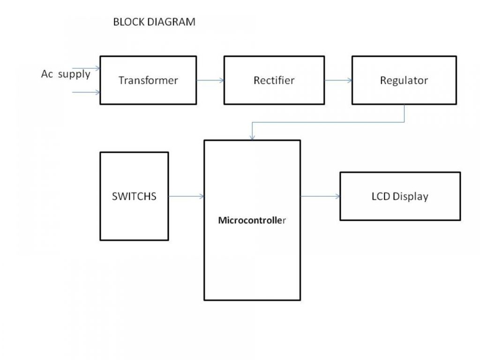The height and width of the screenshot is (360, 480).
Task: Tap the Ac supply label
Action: click(x=66, y=75)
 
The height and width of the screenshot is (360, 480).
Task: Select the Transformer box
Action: click(x=148, y=80)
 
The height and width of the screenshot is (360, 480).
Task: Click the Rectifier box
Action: click(x=274, y=80)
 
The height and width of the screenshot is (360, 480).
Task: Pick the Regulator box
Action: click(x=404, y=80)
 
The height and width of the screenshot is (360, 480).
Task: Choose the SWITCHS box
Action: click(x=134, y=196)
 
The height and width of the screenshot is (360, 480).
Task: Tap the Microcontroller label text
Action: click(x=252, y=219)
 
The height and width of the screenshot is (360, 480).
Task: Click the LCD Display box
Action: click(x=399, y=196)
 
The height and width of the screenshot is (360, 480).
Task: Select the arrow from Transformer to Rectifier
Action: click(x=210, y=80)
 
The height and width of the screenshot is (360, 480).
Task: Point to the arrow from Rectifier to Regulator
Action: click(x=338, y=80)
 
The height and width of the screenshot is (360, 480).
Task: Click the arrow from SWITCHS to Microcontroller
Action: click(x=186, y=196)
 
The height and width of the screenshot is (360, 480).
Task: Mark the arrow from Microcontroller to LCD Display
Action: click(x=320, y=196)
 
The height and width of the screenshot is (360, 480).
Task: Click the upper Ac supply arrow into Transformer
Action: click(x=86, y=68)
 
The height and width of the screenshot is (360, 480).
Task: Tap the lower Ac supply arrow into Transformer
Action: click(x=86, y=92)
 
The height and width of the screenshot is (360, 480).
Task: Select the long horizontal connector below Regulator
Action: click(x=328, y=123)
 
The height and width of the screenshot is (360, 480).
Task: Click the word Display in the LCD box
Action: click(x=410, y=196)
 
